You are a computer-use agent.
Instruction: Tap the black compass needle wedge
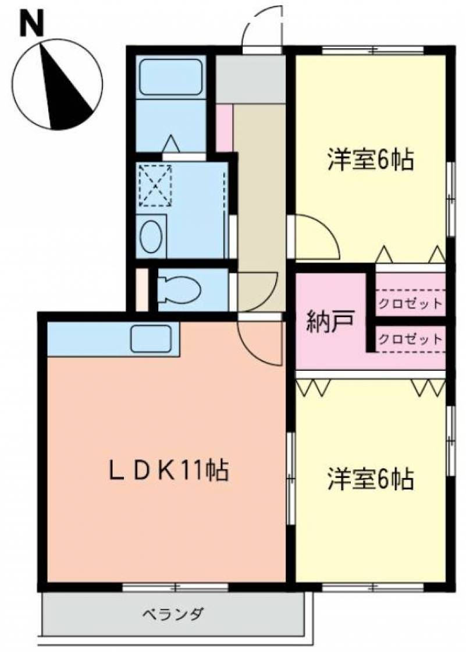[x=62, y=91]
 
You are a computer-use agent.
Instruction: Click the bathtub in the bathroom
[x=170, y=77]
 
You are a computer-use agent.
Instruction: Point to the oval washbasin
[x=151, y=236]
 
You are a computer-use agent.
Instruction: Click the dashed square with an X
[x=155, y=186]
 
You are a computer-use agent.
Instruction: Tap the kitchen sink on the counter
[x=151, y=338]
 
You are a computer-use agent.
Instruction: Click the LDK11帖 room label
[x=168, y=471]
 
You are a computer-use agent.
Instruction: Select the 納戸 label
[x=330, y=322]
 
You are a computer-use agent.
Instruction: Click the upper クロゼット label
[x=410, y=303]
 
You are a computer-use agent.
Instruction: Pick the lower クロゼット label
[x=410, y=339]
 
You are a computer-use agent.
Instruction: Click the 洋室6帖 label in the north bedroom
[x=371, y=160]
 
